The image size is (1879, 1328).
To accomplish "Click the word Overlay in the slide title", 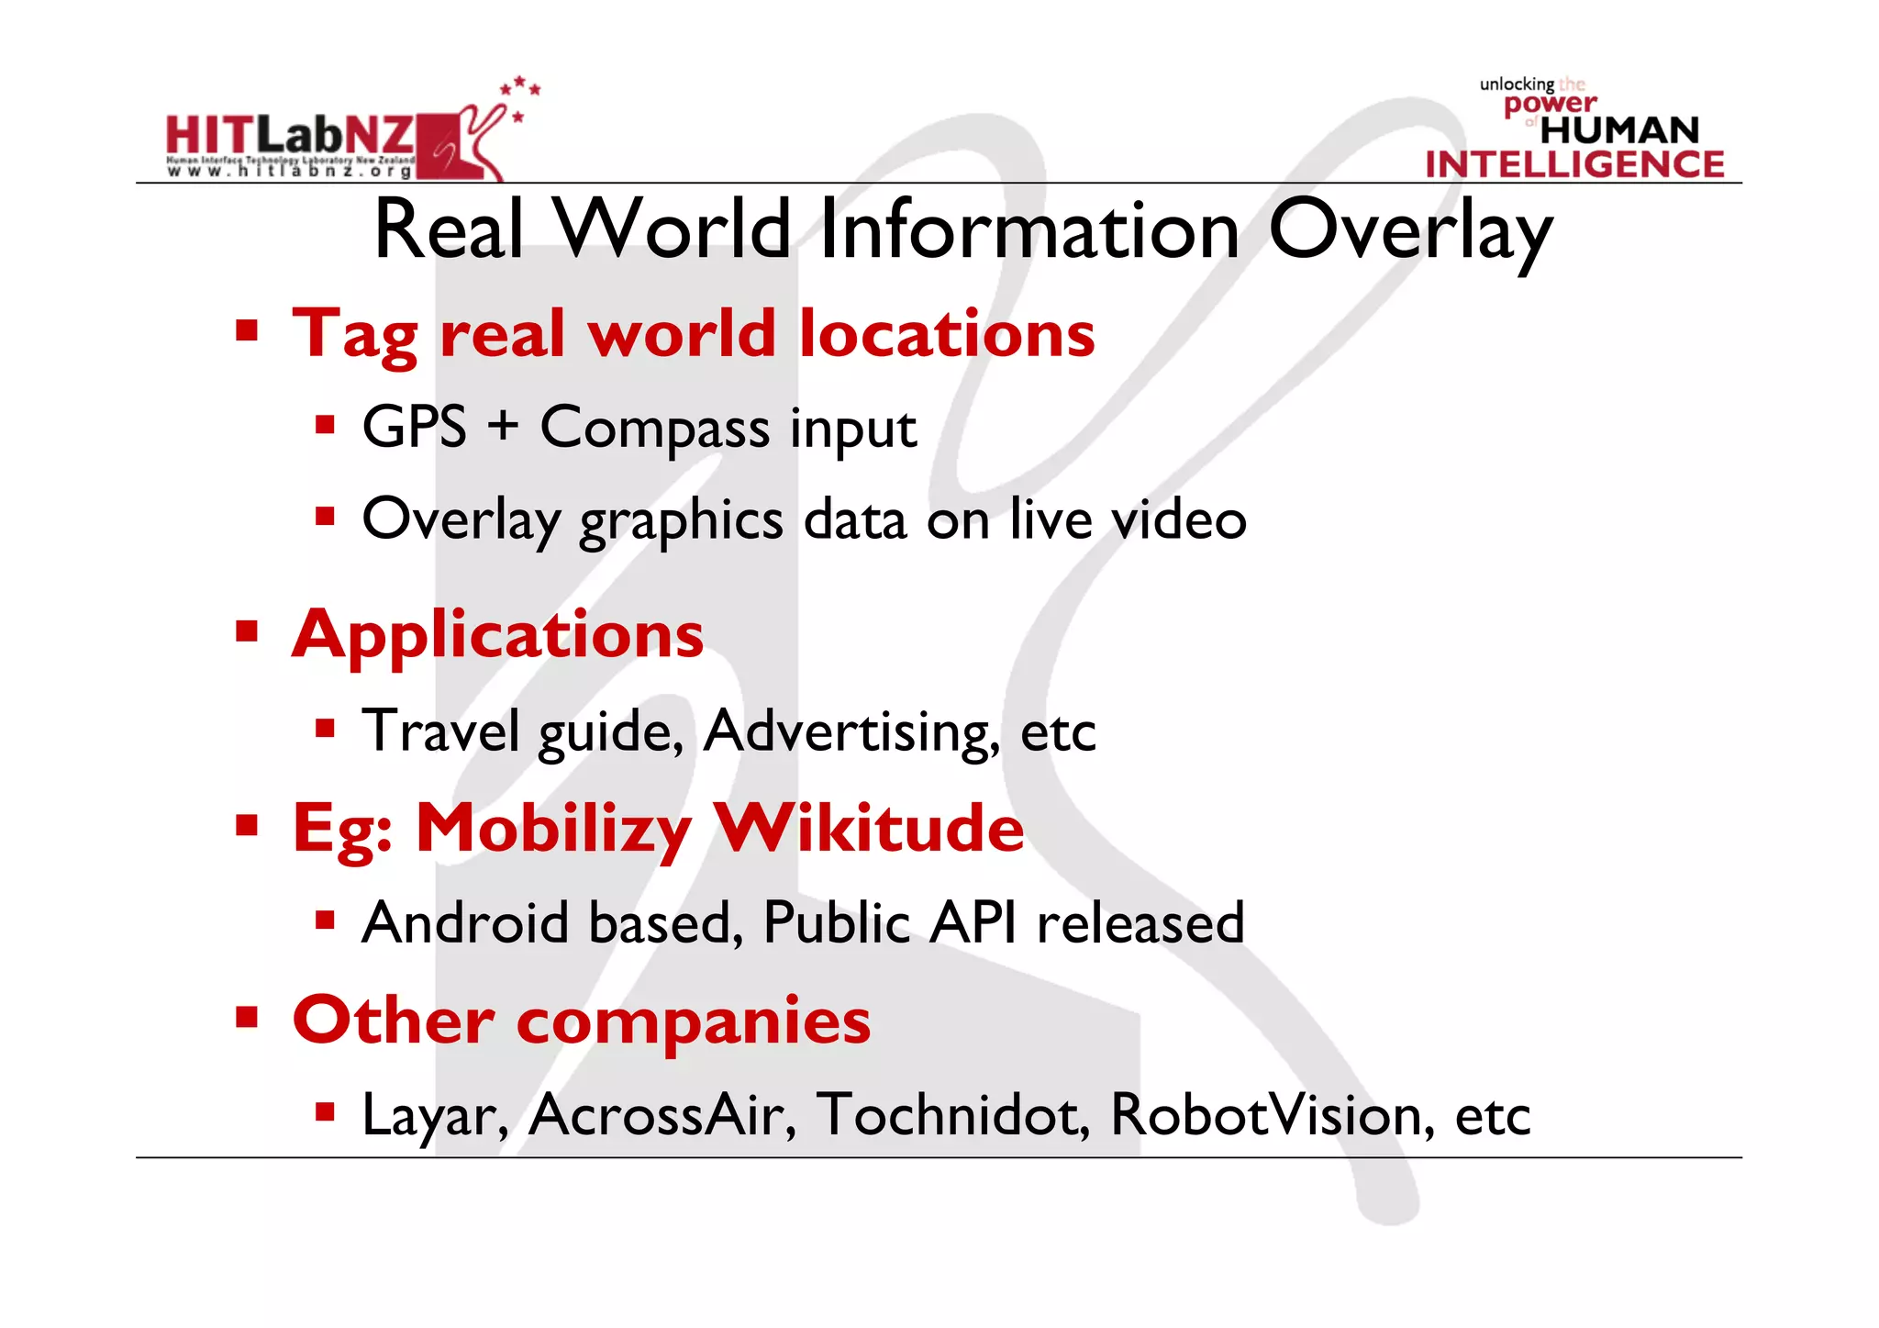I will tap(1410, 231).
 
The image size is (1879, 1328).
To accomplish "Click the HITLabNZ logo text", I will tap(290, 136).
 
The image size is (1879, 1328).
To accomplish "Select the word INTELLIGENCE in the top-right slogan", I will tap(1574, 164).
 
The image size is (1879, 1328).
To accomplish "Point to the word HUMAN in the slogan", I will tap(1619, 130).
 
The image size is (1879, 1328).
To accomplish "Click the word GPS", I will tap(415, 428).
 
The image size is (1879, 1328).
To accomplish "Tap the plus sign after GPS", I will tap(503, 428).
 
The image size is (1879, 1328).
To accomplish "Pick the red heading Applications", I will tap(497, 635).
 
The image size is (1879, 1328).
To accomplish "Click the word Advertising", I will tap(851, 731).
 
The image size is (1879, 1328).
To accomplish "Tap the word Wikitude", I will tap(868, 828).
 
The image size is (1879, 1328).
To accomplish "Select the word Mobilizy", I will tap(553, 830).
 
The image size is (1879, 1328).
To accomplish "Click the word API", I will tap(973, 922).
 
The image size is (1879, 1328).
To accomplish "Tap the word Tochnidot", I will tap(953, 1115).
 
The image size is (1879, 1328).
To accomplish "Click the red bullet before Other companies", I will tap(246, 1018).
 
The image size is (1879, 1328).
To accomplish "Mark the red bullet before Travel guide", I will tap(325, 729).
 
